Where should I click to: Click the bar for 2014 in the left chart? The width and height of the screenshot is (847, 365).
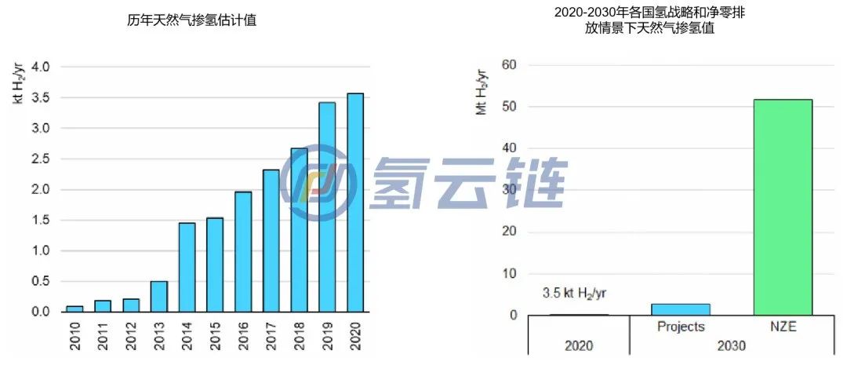tap(187, 267)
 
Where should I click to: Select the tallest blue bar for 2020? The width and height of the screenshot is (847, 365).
tap(355, 203)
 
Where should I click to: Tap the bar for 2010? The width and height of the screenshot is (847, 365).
tap(75, 308)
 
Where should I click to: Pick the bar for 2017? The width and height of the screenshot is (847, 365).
tap(271, 240)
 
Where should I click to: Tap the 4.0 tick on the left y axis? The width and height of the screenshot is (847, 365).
tap(38, 67)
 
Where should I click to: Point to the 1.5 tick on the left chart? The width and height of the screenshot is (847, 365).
tap(38, 220)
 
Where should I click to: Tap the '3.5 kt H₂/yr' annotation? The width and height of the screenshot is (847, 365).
tap(574, 293)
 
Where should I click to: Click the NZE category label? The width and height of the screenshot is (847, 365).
tap(782, 327)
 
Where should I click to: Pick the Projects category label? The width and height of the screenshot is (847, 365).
tap(681, 327)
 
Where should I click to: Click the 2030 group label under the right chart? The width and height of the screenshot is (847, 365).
tap(731, 345)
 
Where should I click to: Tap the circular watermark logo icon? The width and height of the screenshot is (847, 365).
tap(318, 183)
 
